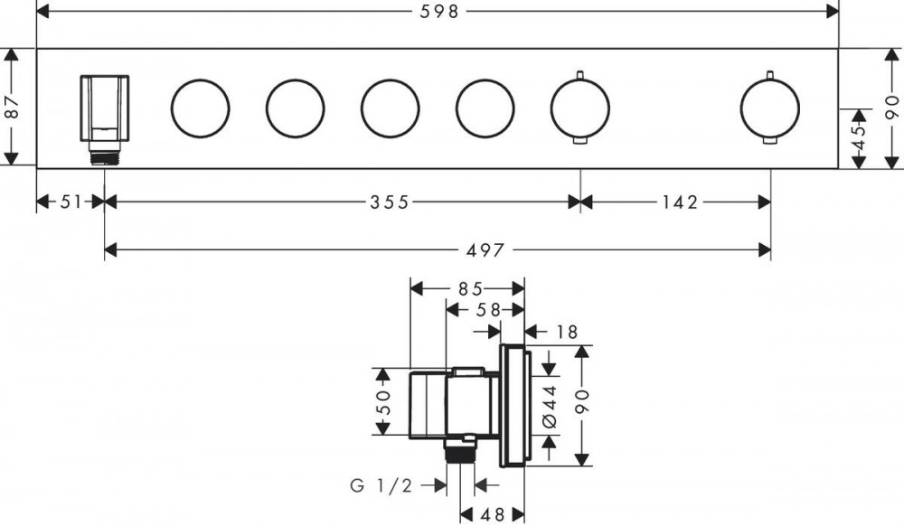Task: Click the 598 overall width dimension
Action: coord(438,12)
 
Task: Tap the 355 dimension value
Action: coord(388,202)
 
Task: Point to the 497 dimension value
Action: coord(486,249)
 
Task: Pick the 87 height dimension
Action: coord(12,108)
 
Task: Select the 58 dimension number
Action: coord(488,310)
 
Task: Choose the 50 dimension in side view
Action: coord(383,402)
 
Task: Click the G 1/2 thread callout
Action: coord(381,486)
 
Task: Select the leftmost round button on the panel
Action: coord(200,108)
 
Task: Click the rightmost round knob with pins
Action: coord(769,108)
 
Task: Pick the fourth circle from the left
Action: coord(485,108)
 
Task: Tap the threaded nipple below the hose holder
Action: coord(105,156)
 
